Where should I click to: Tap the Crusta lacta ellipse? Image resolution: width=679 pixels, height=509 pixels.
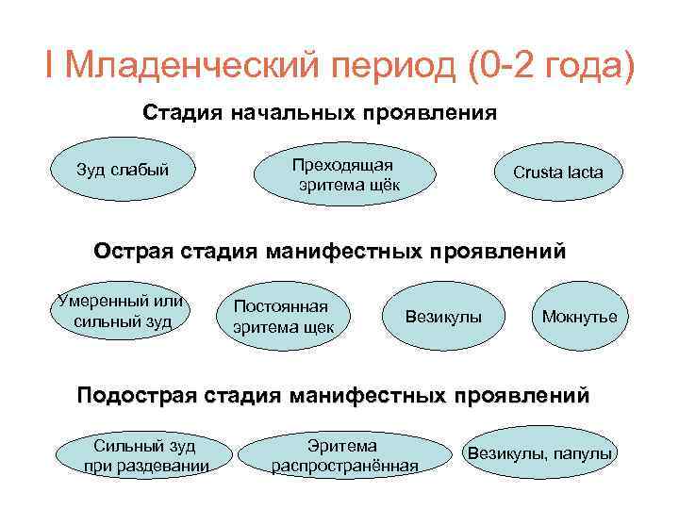[557, 172]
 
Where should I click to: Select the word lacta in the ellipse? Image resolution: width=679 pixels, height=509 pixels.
[581, 172]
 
